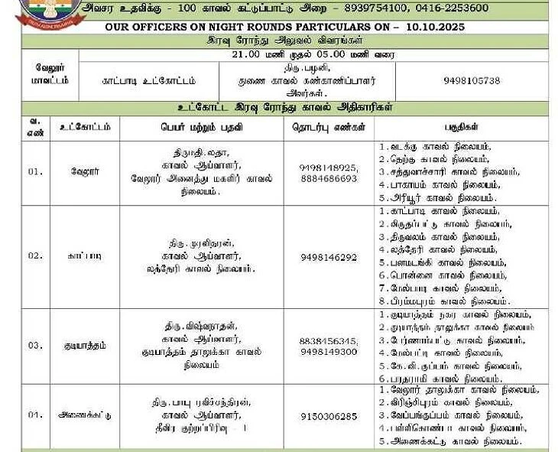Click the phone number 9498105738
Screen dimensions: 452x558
[x=471, y=80]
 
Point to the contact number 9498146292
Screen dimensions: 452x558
[x=329, y=257]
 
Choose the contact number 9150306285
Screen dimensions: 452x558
[x=329, y=416]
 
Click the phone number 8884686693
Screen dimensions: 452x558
[x=329, y=178]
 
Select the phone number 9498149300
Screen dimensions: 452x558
[x=329, y=351]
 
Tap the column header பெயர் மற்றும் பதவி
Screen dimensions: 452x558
[x=202, y=127]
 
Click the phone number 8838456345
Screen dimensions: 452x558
[x=329, y=340]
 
